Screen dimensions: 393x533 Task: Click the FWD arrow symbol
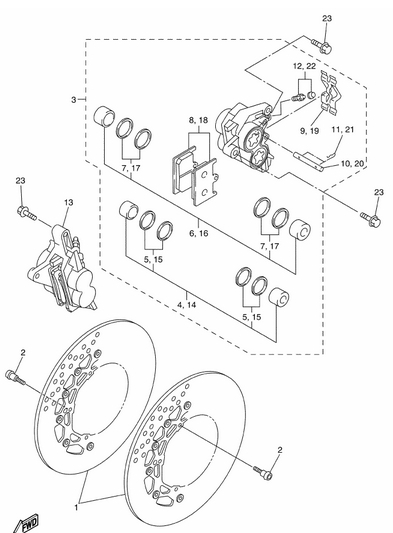[x=27, y=524]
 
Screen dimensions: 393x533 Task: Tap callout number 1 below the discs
[x=77, y=508]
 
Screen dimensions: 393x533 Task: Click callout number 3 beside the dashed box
[x=73, y=100]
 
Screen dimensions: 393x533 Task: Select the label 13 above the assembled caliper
[x=68, y=203]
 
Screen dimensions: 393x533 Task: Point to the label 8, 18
[x=199, y=120]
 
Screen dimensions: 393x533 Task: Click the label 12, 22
[x=304, y=66]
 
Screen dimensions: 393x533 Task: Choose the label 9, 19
[x=309, y=131]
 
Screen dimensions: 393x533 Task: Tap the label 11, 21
[x=343, y=130]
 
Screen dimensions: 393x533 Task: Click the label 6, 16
[x=199, y=233]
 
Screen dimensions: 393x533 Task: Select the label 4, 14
[x=187, y=305]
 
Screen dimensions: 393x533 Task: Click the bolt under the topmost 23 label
[x=321, y=46]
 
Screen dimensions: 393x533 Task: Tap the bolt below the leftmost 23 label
[x=26, y=213]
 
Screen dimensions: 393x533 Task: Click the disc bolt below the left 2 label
[x=15, y=378]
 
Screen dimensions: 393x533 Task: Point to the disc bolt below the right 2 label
[x=263, y=473]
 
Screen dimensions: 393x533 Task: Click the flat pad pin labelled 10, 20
[x=308, y=159]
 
